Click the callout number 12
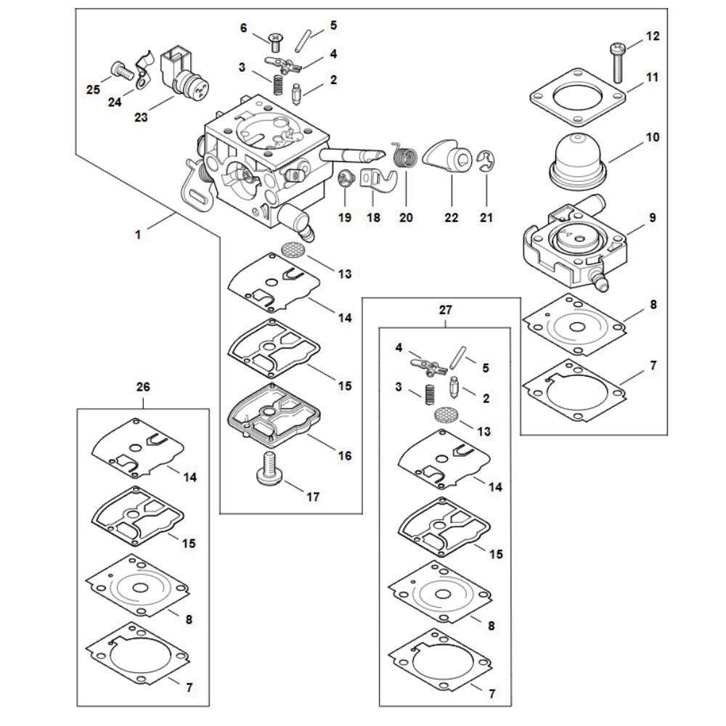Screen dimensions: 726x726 pos(653,36)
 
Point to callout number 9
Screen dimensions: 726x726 pos(653,217)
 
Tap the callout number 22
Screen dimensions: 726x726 pos(451,217)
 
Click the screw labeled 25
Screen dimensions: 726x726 pos(119,71)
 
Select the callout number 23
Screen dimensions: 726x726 pos(141,115)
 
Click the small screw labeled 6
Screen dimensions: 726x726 pos(275,36)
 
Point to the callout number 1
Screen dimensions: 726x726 pos(139,234)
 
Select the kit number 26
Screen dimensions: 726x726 pos(142,387)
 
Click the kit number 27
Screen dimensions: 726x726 pos(445,310)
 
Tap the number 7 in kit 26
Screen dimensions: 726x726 pos(189,687)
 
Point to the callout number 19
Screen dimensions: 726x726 pos(344,217)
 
